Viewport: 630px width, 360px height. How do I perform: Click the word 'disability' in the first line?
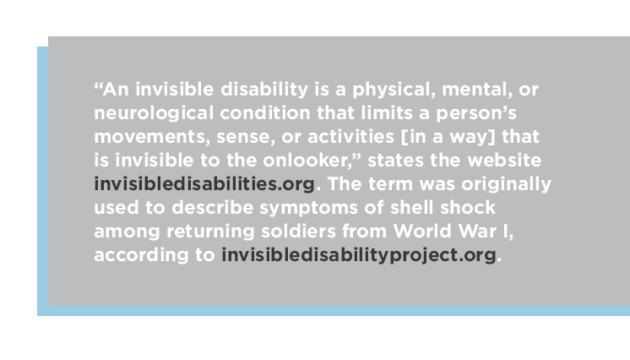click(264, 90)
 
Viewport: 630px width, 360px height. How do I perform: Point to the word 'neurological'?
click(154, 113)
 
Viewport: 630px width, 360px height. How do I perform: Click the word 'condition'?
click(265, 113)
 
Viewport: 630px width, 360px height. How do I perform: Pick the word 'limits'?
click(387, 113)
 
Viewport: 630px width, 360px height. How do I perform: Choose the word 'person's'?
click(476, 114)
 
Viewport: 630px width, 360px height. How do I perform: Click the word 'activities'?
click(350, 137)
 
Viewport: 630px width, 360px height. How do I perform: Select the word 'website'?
click(504, 161)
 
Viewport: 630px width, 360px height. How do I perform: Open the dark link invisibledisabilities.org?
click(204, 184)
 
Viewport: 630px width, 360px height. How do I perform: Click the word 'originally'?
click(506, 185)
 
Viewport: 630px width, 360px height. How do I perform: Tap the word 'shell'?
click(412, 208)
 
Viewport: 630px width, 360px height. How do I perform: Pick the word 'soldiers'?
click(298, 232)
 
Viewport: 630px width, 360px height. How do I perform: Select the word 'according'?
click(141, 256)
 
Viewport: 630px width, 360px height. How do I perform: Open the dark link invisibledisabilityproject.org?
click(359, 256)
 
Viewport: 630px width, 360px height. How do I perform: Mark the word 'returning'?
click(210, 232)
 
